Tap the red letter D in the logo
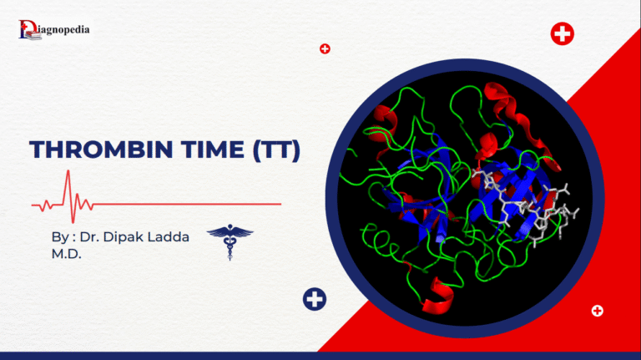pos(25,29)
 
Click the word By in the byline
pos(60,238)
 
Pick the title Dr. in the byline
pos(93,238)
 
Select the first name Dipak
pos(130,238)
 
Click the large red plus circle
pos(563,34)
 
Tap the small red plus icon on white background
pos(325,48)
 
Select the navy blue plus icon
pos(315,299)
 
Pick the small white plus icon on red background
pos(597,311)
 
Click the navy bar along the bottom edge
pos(320,356)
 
